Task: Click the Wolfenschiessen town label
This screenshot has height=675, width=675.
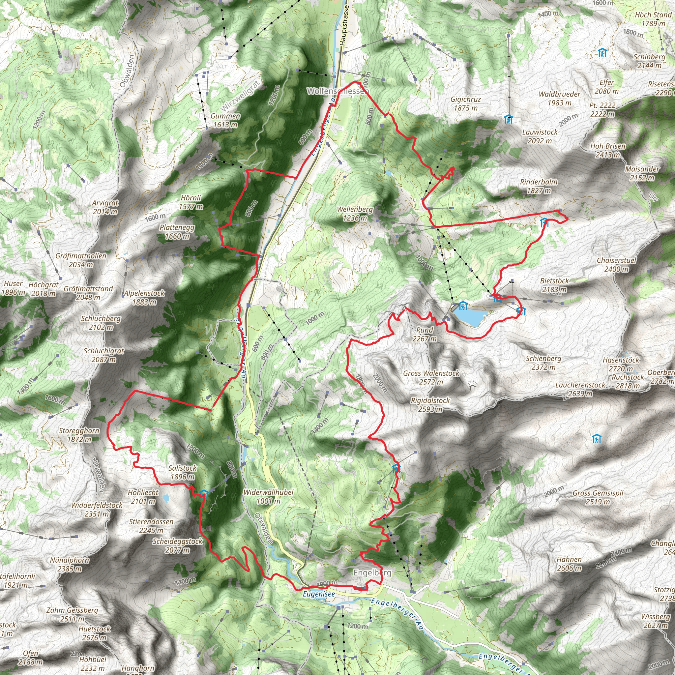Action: (x=337, y=91)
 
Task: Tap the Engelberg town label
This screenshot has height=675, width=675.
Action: (x=372, y=572)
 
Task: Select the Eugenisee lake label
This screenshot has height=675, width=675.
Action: (x=319, y=594)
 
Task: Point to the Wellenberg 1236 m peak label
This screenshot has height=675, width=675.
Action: (x=355, y=214)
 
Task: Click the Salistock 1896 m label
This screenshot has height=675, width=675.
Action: (x=182, y=472)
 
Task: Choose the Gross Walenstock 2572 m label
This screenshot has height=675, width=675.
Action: (x=431, y=377)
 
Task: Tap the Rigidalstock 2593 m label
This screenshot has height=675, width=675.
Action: (x=430, y=405)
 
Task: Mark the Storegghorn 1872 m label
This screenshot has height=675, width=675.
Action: (x=79, y=435)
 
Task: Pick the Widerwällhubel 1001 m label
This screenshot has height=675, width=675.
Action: (x=268, y=496)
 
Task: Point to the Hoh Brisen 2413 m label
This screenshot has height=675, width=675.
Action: (x=608, y=150)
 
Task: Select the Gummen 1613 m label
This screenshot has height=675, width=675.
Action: (x=225, y=120)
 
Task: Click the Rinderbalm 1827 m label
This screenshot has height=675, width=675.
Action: (x=539, y=186)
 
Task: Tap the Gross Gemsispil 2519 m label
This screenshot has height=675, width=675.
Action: (x=598, y=497)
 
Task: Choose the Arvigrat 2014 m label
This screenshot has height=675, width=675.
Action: (x=105, y=207)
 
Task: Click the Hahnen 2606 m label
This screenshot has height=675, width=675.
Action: (x=569, y=564)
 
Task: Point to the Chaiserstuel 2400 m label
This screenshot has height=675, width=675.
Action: (x=617, y=264)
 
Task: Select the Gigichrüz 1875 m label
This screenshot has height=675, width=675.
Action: (x=465, y=103)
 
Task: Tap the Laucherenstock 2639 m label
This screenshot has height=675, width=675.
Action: (x=580, y=389)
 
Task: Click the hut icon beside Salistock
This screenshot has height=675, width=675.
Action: (x=203, y=493)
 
